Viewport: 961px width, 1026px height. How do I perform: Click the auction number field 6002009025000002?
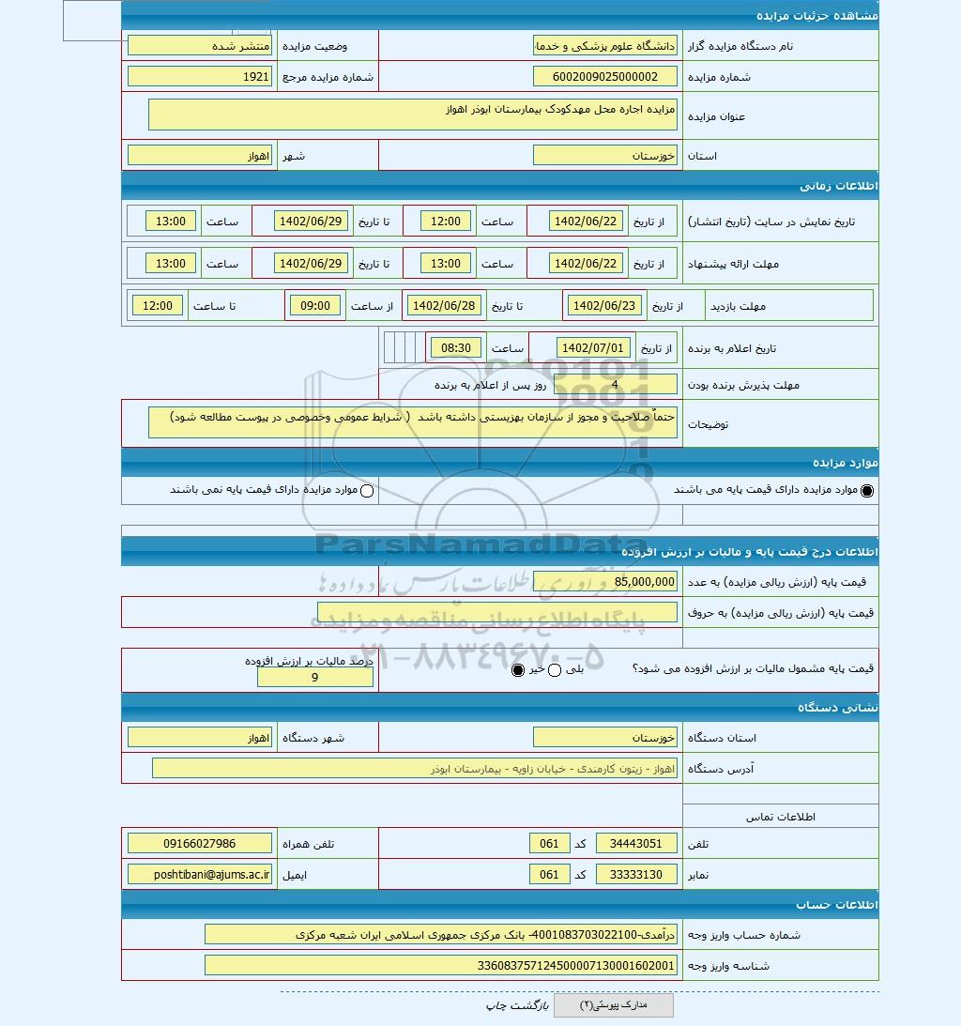(604, 77)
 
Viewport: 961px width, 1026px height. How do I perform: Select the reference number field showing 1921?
(200, 77)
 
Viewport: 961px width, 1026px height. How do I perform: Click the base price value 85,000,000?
(604, 582)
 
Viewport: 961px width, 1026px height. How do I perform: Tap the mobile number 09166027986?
(200, 844)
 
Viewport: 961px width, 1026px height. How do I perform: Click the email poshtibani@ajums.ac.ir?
(200, 875)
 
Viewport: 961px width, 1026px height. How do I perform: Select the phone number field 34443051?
(636, 844)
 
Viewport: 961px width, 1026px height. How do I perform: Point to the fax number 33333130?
(636, 875)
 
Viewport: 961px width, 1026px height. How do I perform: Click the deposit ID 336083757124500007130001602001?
(440, 965)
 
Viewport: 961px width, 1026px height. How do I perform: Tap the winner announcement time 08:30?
(456, 348)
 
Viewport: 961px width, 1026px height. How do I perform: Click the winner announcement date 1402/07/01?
(595, 348)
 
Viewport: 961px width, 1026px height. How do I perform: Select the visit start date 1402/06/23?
(603, 306)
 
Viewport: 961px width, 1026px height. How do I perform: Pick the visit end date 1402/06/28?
(446, 306)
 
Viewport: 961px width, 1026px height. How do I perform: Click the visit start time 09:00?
(315, 306)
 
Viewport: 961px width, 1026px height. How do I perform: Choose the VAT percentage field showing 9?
(314, 678)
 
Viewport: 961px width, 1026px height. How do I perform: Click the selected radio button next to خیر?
(518, 670)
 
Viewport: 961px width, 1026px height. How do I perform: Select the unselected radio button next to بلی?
(554, 670)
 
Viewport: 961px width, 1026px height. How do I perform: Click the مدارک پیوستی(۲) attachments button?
(613, 1005)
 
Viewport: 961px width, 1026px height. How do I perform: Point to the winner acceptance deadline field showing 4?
(615, 384)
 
